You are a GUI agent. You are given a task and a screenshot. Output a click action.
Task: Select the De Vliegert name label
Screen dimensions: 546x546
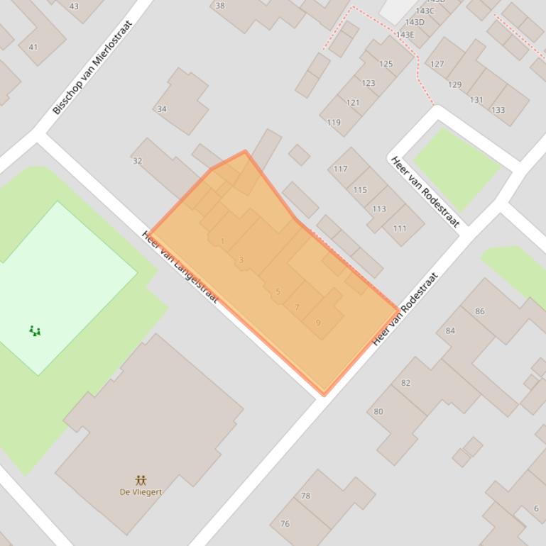tap(141, 491)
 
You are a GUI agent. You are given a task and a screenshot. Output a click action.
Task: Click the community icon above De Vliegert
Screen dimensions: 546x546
tap(141, 480)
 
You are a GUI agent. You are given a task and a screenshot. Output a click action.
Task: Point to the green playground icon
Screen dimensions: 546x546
tap(35, 330)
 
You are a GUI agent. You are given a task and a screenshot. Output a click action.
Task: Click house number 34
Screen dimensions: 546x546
tap(162, 109)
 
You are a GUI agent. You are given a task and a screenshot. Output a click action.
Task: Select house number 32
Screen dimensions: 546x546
tap(138, 161)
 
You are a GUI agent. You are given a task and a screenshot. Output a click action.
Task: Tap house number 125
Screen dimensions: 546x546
tap(386, 64)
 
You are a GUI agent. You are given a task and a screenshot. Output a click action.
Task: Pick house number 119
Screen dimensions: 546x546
tap(334, 123)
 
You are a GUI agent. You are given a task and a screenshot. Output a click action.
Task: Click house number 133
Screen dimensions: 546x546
tap(498, 110)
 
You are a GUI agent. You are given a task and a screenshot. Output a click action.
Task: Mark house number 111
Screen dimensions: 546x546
tap(400, 228)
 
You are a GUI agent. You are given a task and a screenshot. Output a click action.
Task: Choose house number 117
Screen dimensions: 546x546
tap(341, 169)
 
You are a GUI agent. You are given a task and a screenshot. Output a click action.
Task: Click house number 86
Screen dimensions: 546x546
tap(480, 311)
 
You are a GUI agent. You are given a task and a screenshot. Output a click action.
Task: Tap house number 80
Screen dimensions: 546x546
tap(378, 411)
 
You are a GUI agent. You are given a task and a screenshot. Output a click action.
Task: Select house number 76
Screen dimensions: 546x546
tap(285, 524)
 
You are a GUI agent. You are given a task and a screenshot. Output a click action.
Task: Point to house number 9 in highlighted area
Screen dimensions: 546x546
tap(318, 323)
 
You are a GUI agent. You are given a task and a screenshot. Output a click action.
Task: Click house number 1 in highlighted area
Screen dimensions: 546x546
tap(222, 241)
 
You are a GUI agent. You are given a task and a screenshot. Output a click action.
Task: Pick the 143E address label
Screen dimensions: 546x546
tap(405, 35)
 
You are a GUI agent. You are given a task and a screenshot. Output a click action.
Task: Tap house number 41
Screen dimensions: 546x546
tap(33, 48)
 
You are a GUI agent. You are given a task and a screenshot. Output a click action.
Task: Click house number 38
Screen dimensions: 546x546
tap(220, 6)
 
